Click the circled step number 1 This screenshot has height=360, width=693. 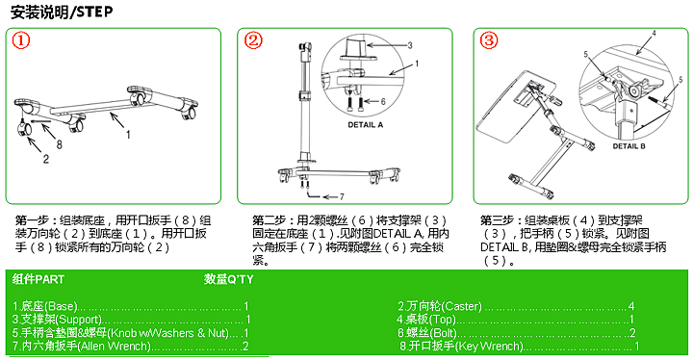click(21, 41)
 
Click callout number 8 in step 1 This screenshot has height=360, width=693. click(60, 145)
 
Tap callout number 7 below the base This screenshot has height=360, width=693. click(340, 195)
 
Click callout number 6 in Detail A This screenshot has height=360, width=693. click(383, 100)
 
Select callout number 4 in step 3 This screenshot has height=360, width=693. click(653, 35)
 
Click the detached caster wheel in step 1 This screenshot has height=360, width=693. click(26, 130)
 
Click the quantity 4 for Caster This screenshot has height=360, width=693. click(630, 305)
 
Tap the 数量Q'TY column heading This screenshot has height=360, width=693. click(229, 279)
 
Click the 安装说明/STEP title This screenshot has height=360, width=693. click(60, 11)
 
